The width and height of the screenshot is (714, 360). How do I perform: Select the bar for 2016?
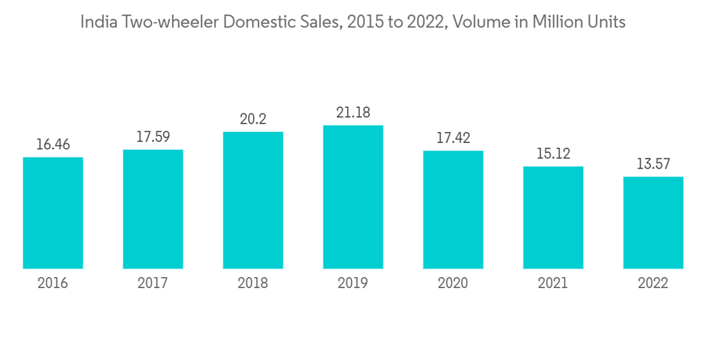click(53, 213)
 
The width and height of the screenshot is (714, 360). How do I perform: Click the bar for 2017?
click(153, 209)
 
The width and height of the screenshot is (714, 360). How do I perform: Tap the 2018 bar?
click(253, 200)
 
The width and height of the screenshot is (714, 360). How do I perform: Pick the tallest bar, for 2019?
click(353, 197)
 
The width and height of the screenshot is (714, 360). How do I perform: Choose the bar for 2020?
click(453, 209)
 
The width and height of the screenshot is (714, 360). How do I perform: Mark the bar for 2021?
click(553, 217)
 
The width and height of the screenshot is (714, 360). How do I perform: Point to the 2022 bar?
click(653, 223)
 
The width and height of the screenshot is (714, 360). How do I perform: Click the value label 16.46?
click(53, 145)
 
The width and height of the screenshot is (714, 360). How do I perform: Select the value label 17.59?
click(153, 137)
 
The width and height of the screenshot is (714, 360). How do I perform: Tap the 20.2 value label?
click(253, 119)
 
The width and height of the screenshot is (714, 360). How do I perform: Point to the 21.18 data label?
click(353, 113)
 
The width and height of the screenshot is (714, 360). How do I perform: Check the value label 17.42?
click(453, 138)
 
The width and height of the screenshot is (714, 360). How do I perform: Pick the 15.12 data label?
click(553, 154)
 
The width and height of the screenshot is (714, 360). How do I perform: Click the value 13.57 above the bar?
click(653, 164)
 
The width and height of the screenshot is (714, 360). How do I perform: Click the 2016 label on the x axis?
click(53, 284)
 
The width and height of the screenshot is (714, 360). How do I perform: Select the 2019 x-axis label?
click(353, 284)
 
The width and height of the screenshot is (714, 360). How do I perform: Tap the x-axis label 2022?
click(653, 284)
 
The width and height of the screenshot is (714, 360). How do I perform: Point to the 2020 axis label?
click(453, 284)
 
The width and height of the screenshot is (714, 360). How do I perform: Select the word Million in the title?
click(556, 22)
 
